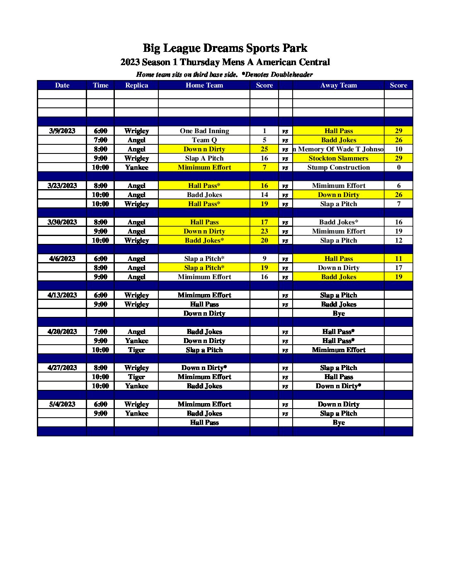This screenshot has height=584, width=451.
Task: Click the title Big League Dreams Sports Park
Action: (x=225, y=48)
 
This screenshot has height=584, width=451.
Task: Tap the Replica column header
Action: (x=136, y=85)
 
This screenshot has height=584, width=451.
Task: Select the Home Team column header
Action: (x=204, y=85)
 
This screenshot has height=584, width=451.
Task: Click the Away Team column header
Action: (x=338, y=85)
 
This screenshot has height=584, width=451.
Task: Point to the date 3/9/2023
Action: (x=62, y=131)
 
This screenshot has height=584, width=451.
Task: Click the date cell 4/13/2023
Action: (x=62, y=295)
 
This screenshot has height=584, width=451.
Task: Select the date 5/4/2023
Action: (x=62, y=404)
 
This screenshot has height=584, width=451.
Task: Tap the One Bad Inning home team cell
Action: (x=204, y=131)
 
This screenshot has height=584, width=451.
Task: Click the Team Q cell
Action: (x=204, y=140)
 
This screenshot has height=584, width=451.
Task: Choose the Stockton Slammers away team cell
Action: (x=338, y=158)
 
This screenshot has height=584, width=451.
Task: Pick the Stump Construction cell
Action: (x=338, y=167)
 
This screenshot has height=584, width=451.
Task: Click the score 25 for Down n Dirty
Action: (x=264, y=149)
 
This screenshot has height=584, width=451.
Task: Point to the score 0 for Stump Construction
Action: (x=398, y=167)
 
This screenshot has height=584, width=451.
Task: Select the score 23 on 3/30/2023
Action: (x=264, y=231)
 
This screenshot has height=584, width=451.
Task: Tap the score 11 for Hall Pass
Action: (x=398, y=258)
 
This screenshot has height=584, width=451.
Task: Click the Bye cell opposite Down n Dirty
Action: (x=338, y=313)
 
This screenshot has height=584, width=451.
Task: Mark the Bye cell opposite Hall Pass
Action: (x=338, y=422)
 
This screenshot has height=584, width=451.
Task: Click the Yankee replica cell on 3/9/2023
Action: (x=136, y=167)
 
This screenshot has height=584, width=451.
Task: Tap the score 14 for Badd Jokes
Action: (x=264, y=195)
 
